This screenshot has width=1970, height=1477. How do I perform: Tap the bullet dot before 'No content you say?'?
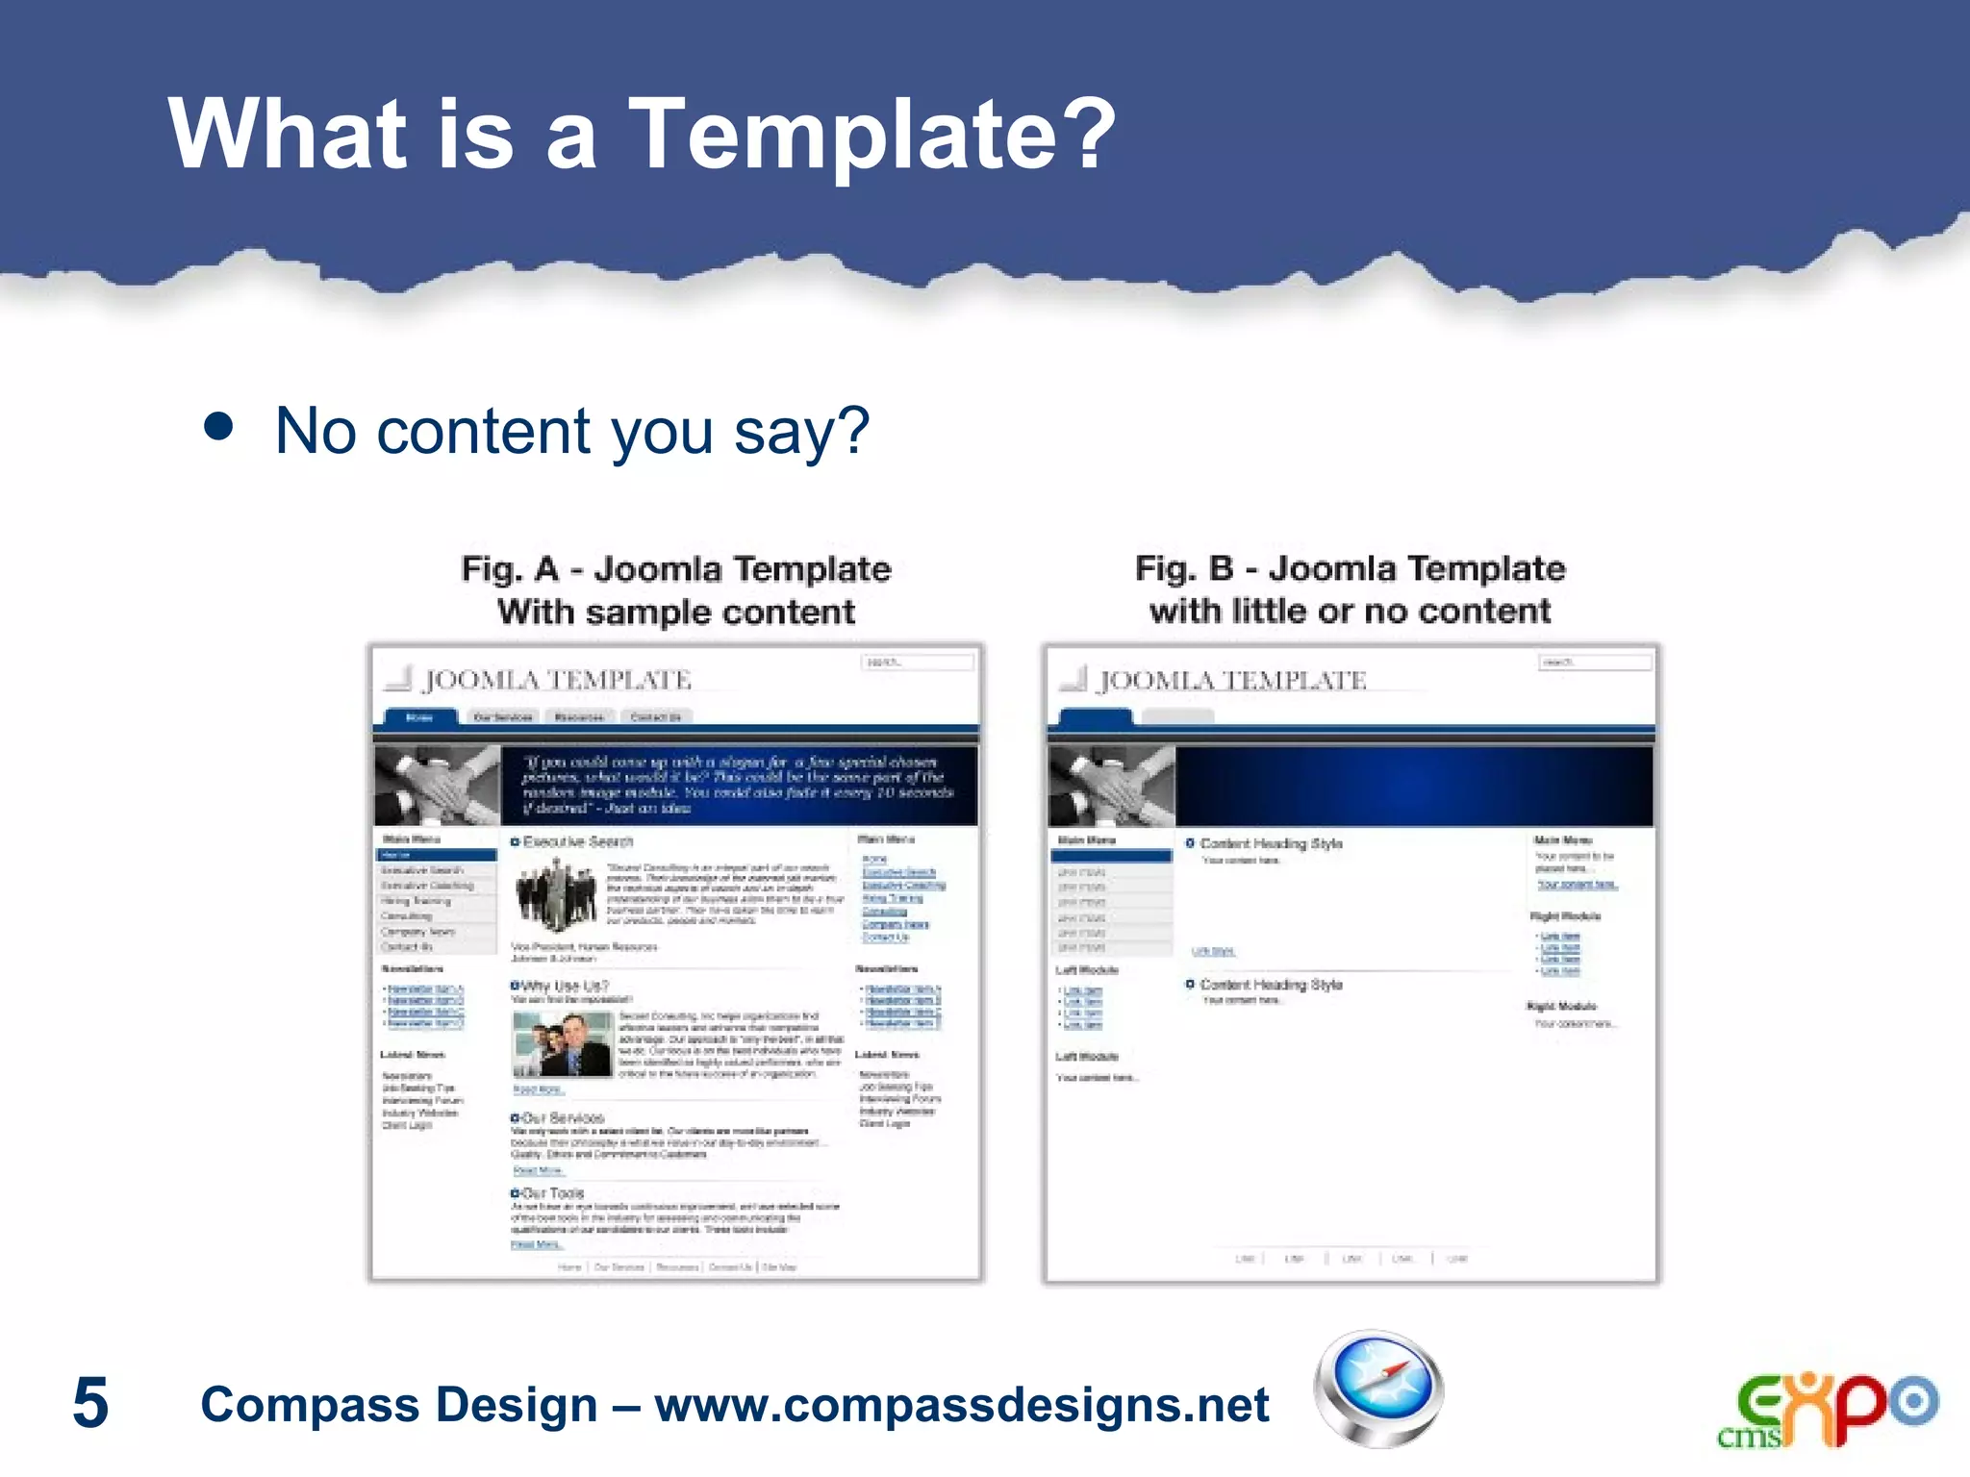[219, 427]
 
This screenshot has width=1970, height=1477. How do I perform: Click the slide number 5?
[90, 1403]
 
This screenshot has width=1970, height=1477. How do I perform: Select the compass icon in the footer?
[1378, 1389]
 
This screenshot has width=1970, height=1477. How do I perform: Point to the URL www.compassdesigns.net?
[962, 1404]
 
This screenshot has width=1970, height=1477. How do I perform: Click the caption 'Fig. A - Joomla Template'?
[676, 568]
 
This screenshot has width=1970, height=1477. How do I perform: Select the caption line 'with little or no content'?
[1350, 611]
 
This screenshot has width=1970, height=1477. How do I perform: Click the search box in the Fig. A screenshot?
[917, 663]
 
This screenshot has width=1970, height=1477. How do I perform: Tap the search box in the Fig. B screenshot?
[1595, 663]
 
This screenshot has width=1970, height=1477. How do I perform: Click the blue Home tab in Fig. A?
[419, 717]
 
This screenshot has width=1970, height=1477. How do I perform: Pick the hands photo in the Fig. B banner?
[1112, 786]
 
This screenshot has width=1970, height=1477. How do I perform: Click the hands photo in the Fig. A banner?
[438, 786]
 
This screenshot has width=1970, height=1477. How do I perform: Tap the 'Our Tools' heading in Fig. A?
[552, 1193]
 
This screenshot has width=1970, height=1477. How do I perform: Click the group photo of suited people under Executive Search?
[556, 893]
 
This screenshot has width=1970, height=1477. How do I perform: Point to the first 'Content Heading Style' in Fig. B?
[1270, 843]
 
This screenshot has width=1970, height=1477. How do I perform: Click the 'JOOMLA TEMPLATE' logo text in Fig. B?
[1232, 680]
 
